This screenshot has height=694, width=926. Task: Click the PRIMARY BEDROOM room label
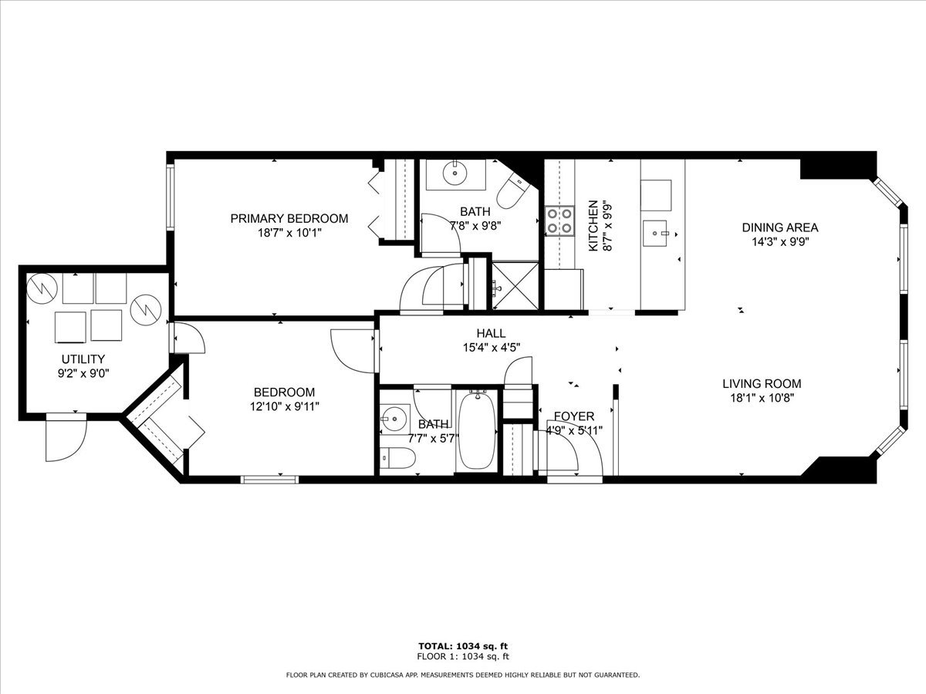289,218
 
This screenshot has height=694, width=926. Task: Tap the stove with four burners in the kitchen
559,219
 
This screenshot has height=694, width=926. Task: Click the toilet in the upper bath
512,193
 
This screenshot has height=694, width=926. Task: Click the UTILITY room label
83,359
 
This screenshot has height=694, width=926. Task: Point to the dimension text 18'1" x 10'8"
762,398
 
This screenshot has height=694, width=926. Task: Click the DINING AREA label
779,227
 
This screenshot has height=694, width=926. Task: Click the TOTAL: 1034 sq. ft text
463,646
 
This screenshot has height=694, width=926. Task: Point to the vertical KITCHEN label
593,225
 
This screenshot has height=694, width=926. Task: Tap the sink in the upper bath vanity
456,173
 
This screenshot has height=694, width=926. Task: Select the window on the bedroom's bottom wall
269,479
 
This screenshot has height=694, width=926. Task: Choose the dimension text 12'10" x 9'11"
284,406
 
